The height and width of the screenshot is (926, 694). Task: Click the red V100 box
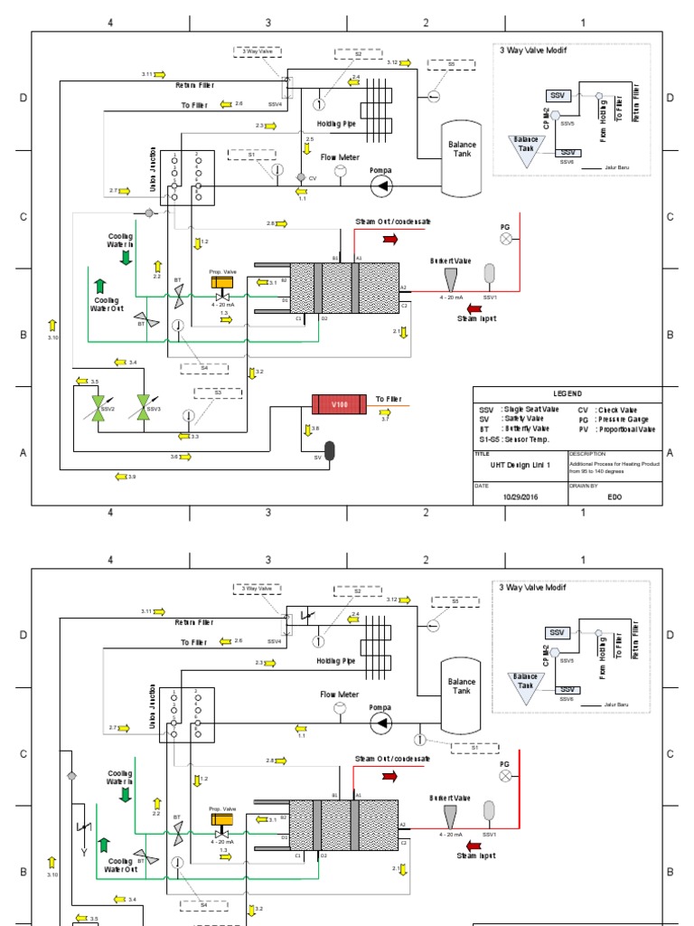tap(338, 404)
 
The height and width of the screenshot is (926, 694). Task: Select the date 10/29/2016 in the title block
tap(520, 496)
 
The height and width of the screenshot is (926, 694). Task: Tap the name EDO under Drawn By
tap(614, 496)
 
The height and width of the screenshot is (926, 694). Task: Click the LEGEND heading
tap(568, 394)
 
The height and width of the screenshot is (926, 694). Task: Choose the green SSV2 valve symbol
tap(94, 404)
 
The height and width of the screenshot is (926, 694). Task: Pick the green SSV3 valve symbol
tap(142, 404)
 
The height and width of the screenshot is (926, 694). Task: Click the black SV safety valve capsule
tap(329, 449)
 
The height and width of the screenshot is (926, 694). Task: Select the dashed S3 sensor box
tap(218, 393)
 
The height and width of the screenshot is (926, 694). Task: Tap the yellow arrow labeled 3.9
tap(120, 477)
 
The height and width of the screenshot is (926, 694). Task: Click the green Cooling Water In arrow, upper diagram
tap(126, 258)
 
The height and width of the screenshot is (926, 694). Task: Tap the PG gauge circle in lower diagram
tap(506, 775)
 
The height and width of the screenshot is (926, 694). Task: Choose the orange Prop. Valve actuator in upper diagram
tap(221, 282)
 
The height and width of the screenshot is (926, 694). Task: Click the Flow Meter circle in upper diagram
tap(341, 171)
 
